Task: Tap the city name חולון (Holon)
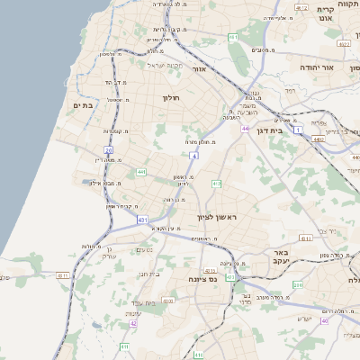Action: (x=172, y=97)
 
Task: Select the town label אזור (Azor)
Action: (x=200, y=68)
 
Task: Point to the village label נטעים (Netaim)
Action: (x=142, y=250)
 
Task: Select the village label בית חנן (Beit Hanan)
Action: (x=148, y=272)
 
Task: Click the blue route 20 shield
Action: (x=109, y=150)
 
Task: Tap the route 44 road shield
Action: (x=245, y=129)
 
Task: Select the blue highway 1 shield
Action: (x=298, y=130)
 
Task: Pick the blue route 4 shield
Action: (x=194, y=156)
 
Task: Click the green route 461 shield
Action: (x=233, y=38)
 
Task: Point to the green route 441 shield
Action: (x=141, y=171)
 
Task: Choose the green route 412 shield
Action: (x=216, y=184)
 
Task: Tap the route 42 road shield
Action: (x=132, y=323)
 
